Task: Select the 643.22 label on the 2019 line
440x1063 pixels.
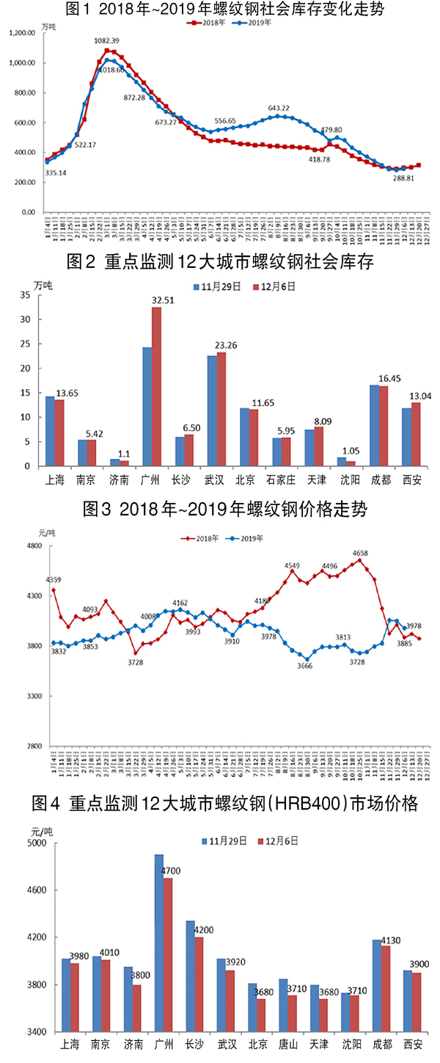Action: [x=283, y=108]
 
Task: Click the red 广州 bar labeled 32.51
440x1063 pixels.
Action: [x=156, y=386]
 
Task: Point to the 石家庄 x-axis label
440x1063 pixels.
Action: [x=282, y=480]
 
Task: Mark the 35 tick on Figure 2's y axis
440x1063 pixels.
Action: [x=26, y=295]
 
